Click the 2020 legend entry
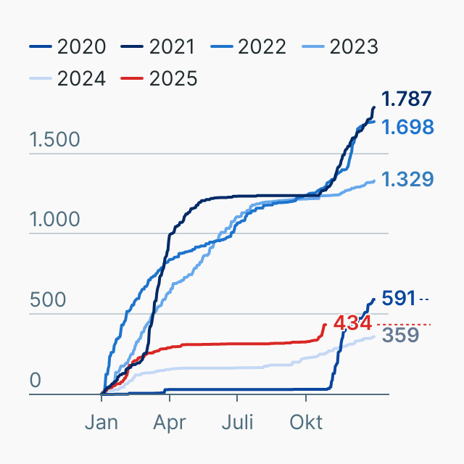68,47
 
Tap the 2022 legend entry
251,47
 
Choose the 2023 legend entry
341,47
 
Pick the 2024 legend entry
68,78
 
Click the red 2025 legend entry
159,78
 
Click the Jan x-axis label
101,422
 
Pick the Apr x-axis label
169,422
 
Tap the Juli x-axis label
237,422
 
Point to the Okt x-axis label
305,422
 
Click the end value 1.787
407,99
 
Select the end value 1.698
407,128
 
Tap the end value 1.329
407,179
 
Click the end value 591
398,298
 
